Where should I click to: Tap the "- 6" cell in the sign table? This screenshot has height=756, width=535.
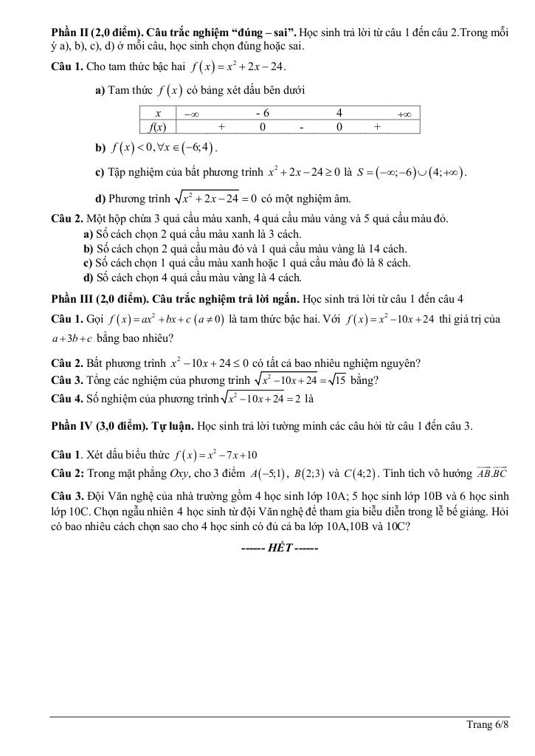click(x=262, y=113)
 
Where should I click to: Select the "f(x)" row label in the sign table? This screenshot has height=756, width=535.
click(x=157, y=126)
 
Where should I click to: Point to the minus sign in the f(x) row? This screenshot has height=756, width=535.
click(x=301, y=126)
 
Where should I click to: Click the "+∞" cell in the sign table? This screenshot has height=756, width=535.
click(x=404, y=114)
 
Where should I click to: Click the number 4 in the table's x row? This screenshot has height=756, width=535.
click(x=339, y=113)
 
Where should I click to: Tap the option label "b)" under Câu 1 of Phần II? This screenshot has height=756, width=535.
click(x=101, y=148)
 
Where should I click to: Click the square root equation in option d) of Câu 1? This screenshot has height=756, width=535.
click(x=215, y=198)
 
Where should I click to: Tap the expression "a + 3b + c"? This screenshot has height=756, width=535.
click(x=72, y=339)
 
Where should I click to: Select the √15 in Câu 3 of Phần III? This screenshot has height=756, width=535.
click(x=336, y=380)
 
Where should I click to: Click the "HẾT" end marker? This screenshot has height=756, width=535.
click(x=280, y=549)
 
